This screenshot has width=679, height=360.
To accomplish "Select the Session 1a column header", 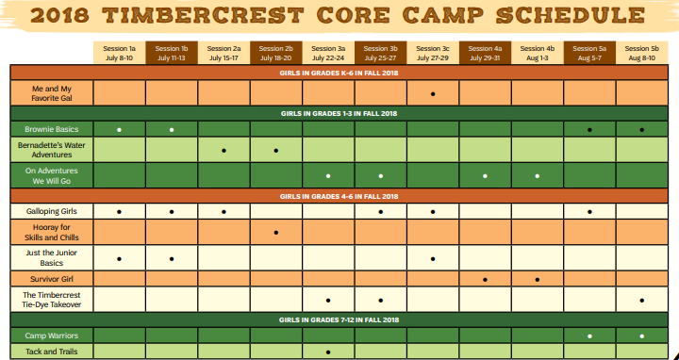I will coord(120,53).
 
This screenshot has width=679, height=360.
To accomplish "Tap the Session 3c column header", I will coord(433,53).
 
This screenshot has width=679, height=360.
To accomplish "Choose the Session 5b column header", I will coord(641,53).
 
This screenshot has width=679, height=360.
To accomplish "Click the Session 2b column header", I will coord(276,53).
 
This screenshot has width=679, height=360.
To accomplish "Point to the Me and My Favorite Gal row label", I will coord(52,93).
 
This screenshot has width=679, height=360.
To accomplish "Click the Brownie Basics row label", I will coord(52,128).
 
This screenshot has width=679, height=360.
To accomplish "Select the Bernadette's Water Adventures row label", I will coord(52,149).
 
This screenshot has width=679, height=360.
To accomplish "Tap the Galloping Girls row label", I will coord(52,211).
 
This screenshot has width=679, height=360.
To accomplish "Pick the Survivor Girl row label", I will coord(52,279).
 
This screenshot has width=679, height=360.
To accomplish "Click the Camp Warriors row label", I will coord(52,335).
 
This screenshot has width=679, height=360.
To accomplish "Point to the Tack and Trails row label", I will coord(52,352).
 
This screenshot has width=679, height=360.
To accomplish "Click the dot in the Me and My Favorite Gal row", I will coord(433,93).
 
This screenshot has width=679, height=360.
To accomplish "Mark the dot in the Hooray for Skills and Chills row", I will coord(276,232).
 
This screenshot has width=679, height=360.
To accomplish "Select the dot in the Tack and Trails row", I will coord(328,352).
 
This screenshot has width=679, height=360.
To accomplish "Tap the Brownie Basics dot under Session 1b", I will coord(172,128).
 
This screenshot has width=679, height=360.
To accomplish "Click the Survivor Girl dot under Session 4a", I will coord(485,279).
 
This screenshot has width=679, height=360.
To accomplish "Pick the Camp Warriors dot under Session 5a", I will coord(589,335).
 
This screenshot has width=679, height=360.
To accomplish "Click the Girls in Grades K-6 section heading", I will coord(339,73).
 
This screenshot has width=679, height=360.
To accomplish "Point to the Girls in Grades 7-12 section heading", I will coord(339,319).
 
